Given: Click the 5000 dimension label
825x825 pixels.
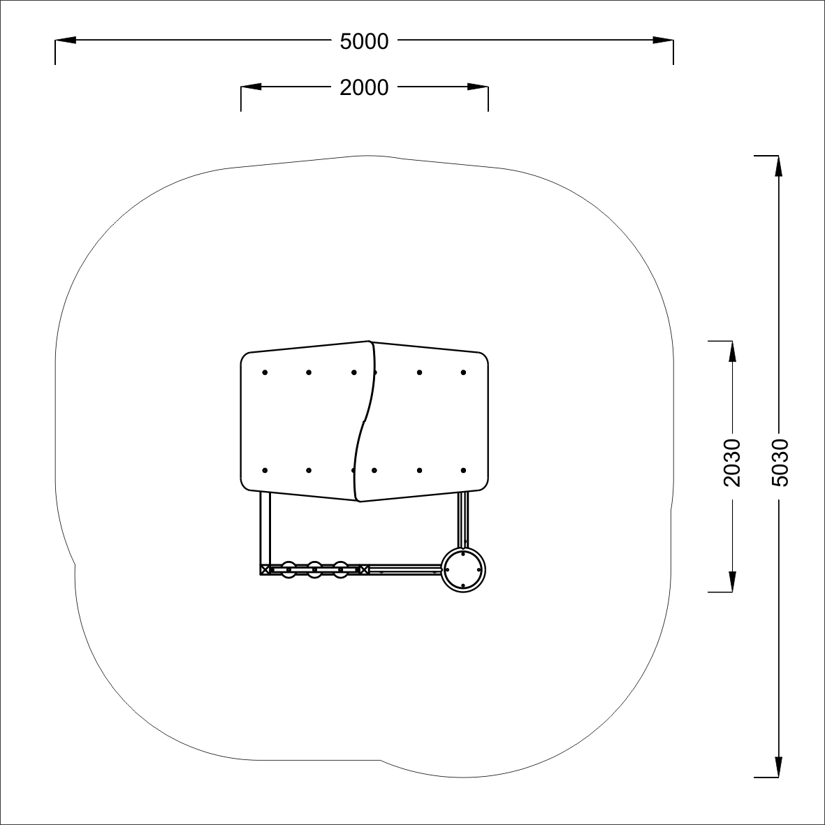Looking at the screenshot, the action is point(364,42).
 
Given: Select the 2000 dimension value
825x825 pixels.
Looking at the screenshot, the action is point(364,87).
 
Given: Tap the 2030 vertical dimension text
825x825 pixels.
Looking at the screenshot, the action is point(732,462).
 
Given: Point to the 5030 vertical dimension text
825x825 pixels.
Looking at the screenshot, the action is point(780,462).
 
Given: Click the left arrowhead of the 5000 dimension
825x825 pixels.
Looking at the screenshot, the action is point(65,40).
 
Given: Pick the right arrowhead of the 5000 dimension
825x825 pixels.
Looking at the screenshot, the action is point(663,40).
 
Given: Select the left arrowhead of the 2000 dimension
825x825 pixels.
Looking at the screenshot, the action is point(251,87).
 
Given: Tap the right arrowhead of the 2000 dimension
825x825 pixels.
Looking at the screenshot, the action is point(478,87).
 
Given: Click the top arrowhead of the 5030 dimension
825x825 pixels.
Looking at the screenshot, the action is point(779,166).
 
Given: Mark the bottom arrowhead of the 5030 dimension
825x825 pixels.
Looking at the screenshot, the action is point(779,766).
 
